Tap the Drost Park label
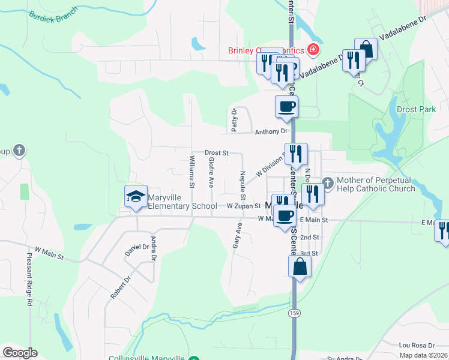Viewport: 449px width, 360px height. [416, 110]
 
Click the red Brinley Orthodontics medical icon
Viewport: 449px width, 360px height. [312, 49]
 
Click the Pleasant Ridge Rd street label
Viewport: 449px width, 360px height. [29, 279]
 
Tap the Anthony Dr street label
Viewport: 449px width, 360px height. [271, 132]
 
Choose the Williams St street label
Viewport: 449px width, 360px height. [192, 171]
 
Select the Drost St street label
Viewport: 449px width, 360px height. [216, 153]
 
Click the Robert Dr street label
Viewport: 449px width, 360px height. [120, 288]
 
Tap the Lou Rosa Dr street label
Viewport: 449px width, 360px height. [416, 346]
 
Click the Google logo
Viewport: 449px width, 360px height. [20, 353]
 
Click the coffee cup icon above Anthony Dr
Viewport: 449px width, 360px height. [286, 106]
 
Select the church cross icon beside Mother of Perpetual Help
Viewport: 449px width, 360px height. [328, 182]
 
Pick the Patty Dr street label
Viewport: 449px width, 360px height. [235, 119]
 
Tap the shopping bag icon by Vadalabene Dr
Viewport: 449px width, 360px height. [366, 49]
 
